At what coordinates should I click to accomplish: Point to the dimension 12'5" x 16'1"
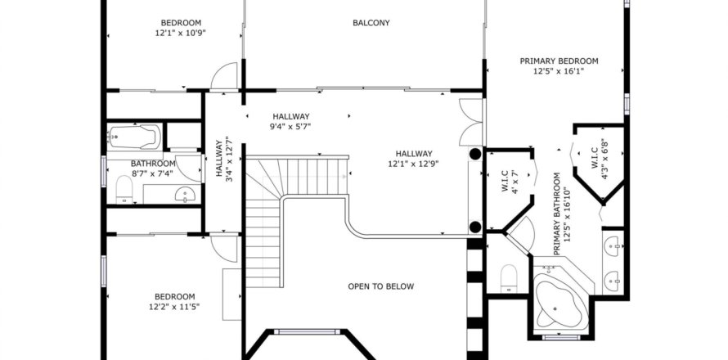point(559,71)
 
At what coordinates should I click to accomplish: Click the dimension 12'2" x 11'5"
point(174,307)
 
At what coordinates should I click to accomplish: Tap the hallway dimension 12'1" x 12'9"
point(414,164)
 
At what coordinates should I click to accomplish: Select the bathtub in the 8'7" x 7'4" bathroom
point(135,136)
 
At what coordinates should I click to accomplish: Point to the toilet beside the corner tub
point(509,277)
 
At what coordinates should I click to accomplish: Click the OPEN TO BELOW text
point(380,286)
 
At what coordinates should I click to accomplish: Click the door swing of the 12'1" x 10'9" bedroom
point(223,77)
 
